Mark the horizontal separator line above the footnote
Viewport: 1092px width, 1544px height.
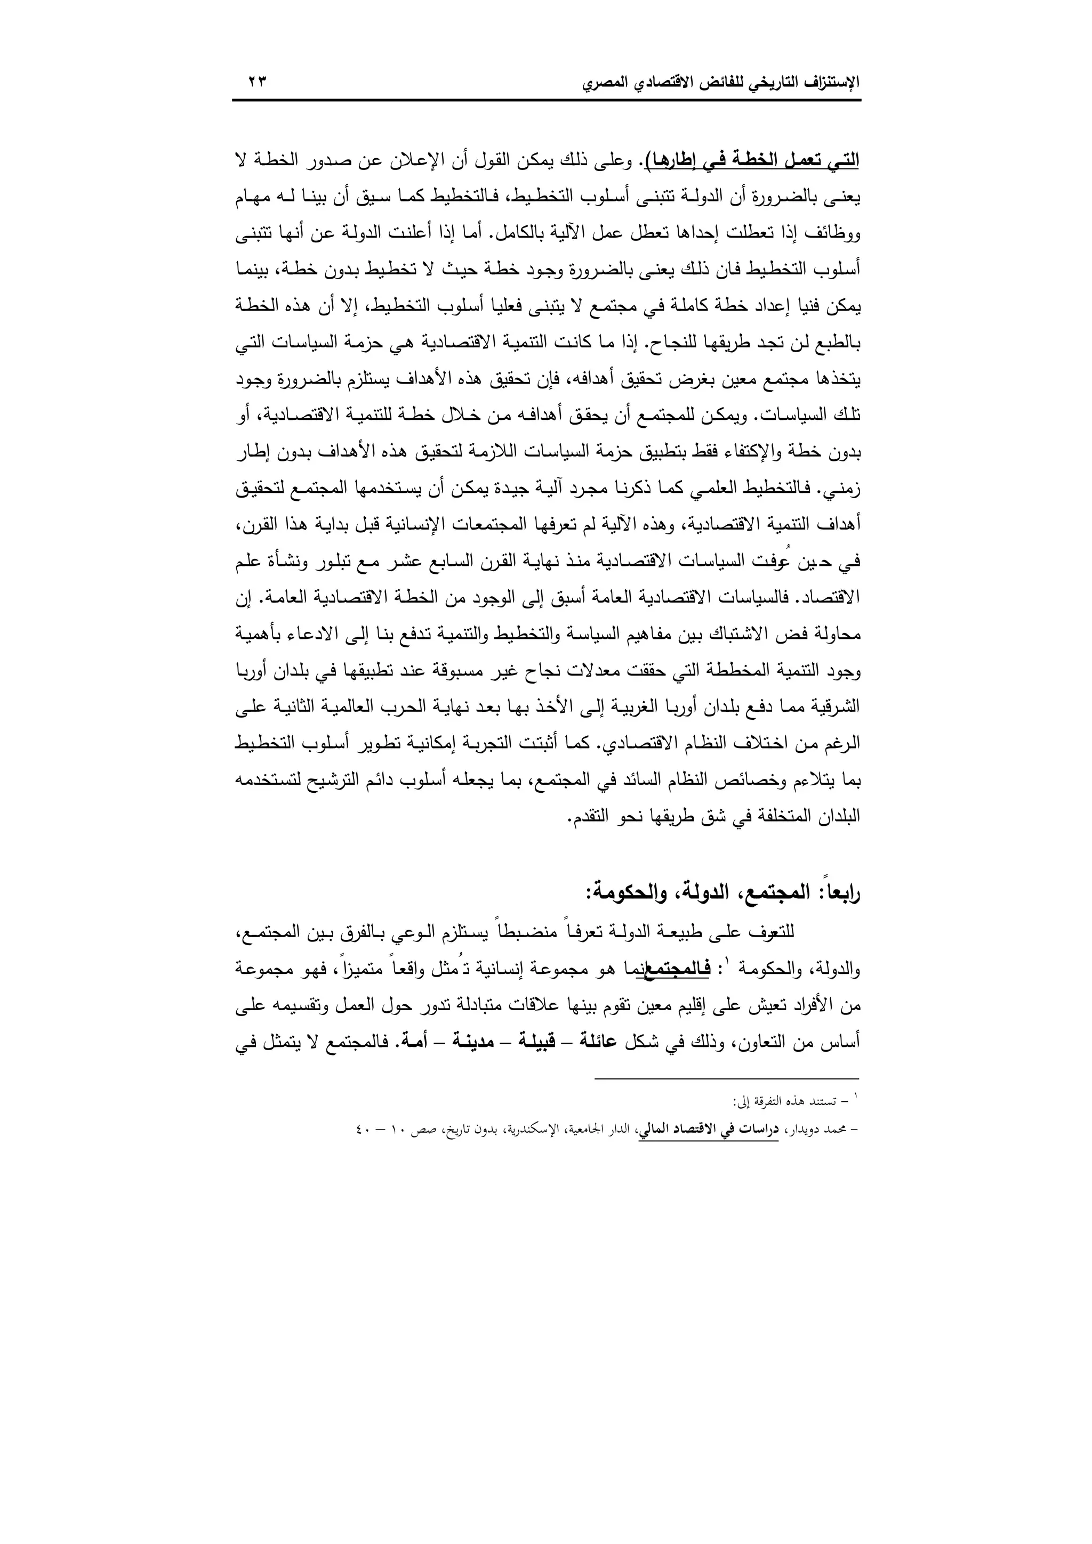tap(727, 1079)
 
